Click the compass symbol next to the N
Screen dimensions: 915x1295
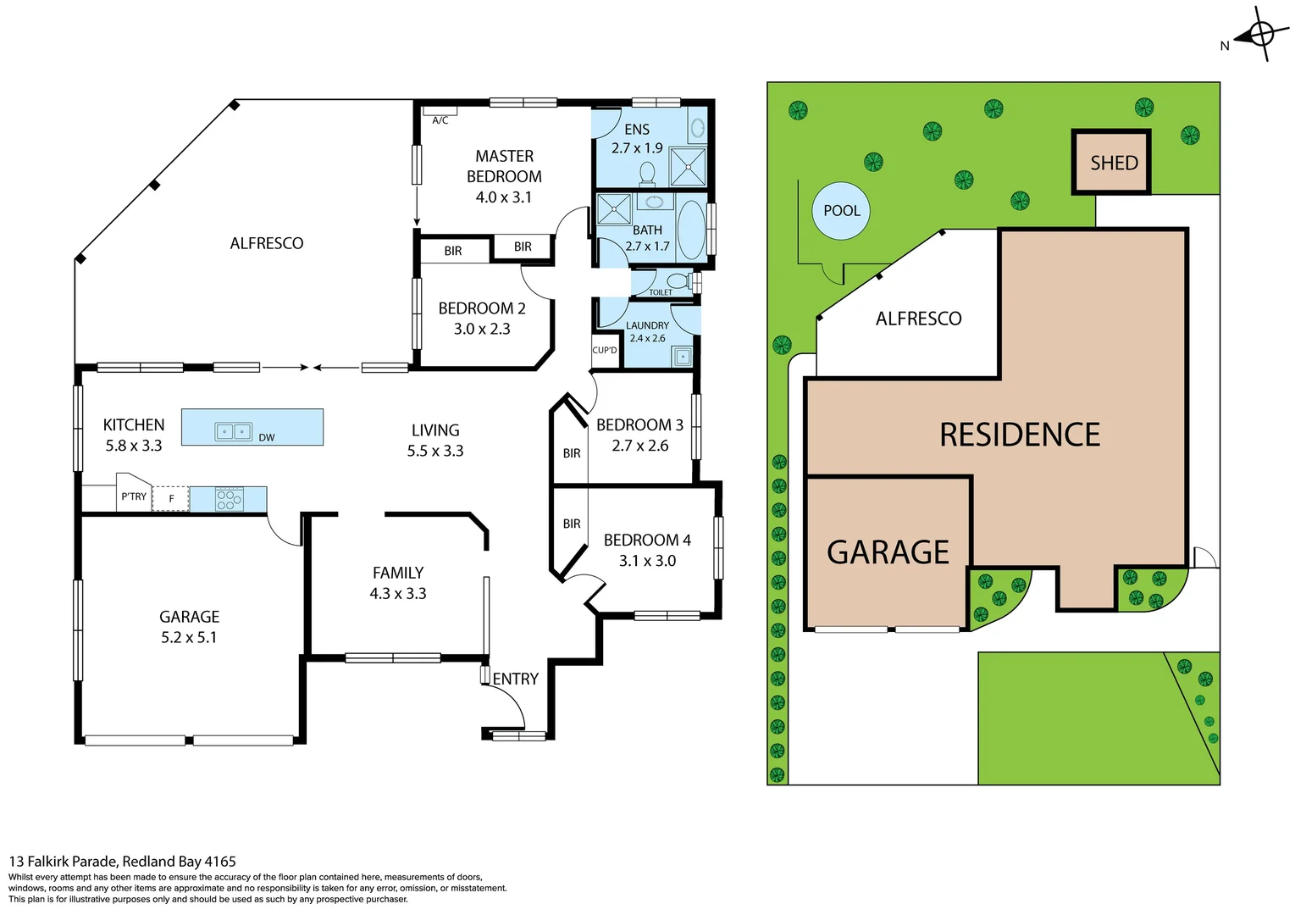(x=1260, y=35)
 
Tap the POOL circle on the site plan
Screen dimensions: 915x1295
(x=841, y=211)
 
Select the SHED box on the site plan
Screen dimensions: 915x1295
(x=1112, y=163)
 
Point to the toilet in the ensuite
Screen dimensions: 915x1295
(x=647, y=174)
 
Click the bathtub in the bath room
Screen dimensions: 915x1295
(x=691, y=230)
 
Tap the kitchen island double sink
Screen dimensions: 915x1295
(x=233, y=431)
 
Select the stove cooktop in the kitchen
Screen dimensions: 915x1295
(x=230, y=499)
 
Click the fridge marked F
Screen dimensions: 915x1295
(x=170, y=499)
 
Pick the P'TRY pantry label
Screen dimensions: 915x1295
(x=134, y=496)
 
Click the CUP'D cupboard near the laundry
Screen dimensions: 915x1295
(x=605, y=351)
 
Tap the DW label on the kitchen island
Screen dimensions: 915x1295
(x=267, y=438)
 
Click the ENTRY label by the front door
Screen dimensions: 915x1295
(x=515, y=679)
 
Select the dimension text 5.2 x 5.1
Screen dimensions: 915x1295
(x=189, y=637)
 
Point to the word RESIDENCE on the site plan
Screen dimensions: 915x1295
(x=1020, y=435)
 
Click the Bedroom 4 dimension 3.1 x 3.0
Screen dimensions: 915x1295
(x=647, y=561)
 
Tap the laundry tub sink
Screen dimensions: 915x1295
(x=683, y=357)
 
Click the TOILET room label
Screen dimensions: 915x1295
(x=661, y=292)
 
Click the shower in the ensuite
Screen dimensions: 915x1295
(x=688, y=166)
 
